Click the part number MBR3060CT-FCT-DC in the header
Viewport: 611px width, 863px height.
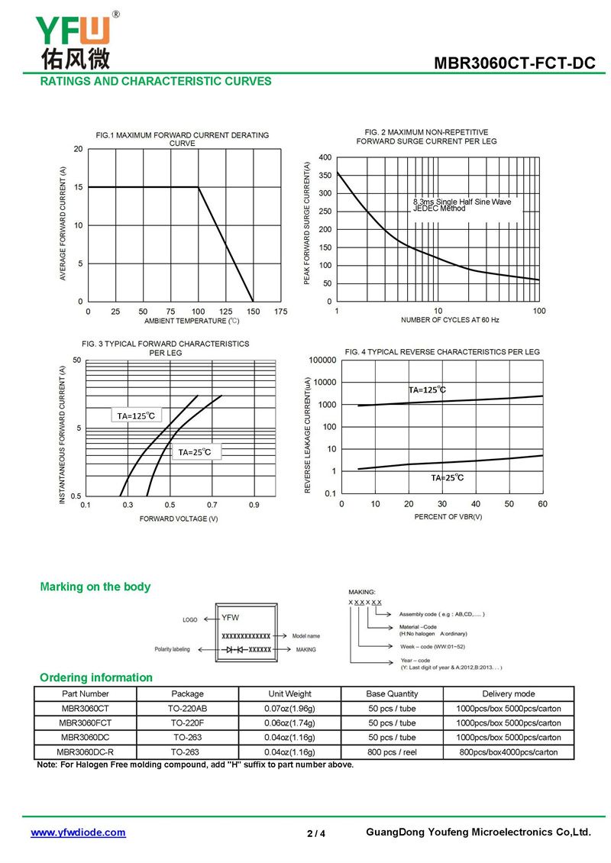tap(514, 63)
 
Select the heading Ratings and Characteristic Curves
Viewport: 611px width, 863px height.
tap(156, 82)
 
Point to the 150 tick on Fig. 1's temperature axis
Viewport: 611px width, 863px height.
tap(254, 312)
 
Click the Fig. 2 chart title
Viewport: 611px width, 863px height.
tap(427, 137)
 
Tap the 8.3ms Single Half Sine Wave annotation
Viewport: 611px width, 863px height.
tap(462, 202)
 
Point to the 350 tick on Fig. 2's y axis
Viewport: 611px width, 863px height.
tap(325, 175)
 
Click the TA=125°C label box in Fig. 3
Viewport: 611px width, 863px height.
tap(136, 416)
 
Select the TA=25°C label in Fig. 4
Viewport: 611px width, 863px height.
tap(447, 478)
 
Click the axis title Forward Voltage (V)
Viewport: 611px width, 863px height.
tap(179, 519)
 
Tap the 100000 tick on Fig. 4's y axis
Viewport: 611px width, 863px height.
tap(322, 360)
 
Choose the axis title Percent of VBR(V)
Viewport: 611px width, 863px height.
tap(448, 517)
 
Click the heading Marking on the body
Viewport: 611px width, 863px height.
tap(95, 587)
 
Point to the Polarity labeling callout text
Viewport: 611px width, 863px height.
tap(173, 649)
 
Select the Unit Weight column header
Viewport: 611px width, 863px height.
tap(289, 694)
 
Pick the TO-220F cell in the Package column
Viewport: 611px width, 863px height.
tap(187, 723)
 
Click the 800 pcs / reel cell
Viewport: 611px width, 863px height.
tap(392, 752)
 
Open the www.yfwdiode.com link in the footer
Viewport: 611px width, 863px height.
tap(78, 832)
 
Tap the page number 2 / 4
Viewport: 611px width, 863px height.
tap(316, 833)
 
